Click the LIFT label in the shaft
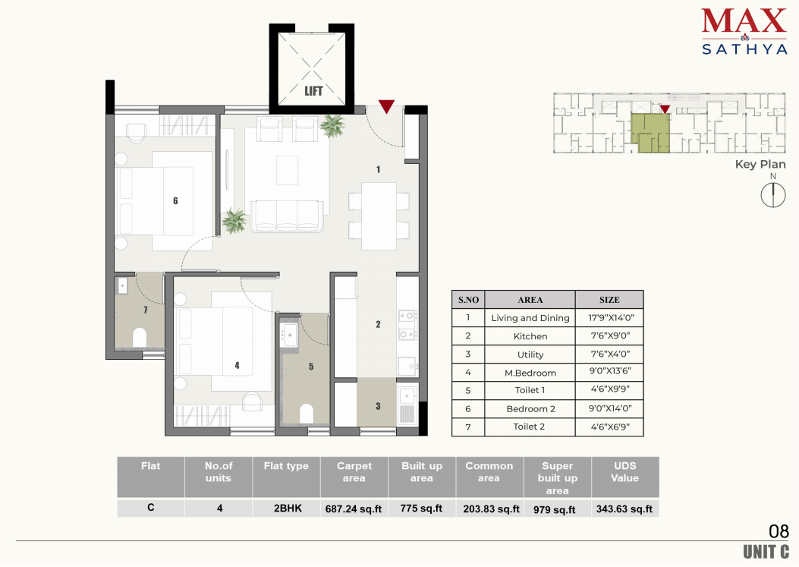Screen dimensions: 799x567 (313, 91)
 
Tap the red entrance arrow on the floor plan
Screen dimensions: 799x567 (386, 106)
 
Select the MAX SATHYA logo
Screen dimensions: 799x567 (744, 31)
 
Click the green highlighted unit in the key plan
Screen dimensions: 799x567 (650, 133)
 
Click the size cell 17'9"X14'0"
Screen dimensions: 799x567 (611, 318)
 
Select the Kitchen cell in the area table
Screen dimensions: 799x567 (530, 336)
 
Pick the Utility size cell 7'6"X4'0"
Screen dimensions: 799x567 (610, 354)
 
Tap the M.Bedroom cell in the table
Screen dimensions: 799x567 (530, 373)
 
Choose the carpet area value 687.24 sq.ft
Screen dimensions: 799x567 (354, 509)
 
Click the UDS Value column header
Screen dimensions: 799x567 (624, 472)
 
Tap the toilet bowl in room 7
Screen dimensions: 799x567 (140, 337)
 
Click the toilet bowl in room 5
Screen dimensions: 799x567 (307, 414)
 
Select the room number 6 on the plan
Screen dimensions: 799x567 (175, 201)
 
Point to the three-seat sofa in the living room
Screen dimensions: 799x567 (286, 216)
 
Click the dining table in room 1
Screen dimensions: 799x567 (379, 216)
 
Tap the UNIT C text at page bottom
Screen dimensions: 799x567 (766, 552)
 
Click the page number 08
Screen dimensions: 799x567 (779, 531)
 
